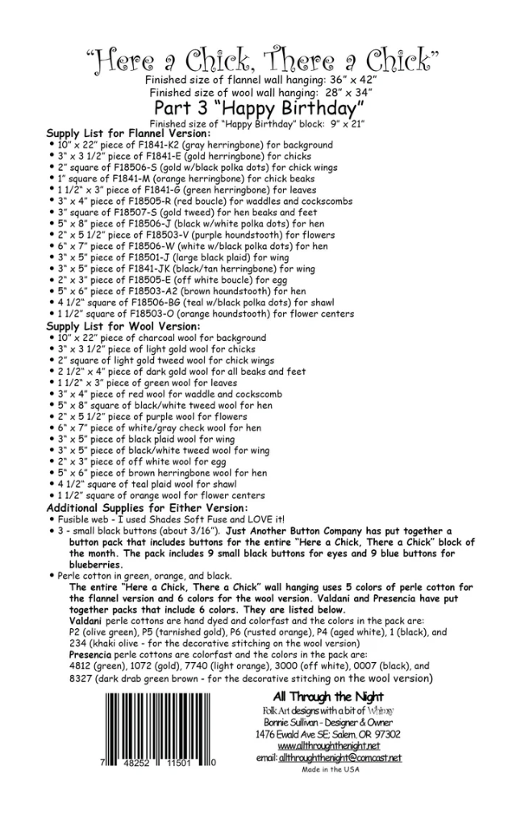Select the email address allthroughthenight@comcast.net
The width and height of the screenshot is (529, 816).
[x=339, y=758]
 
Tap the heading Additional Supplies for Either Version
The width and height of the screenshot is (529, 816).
[x=147, y=508]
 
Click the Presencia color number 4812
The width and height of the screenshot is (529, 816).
[x=82, y=667]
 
